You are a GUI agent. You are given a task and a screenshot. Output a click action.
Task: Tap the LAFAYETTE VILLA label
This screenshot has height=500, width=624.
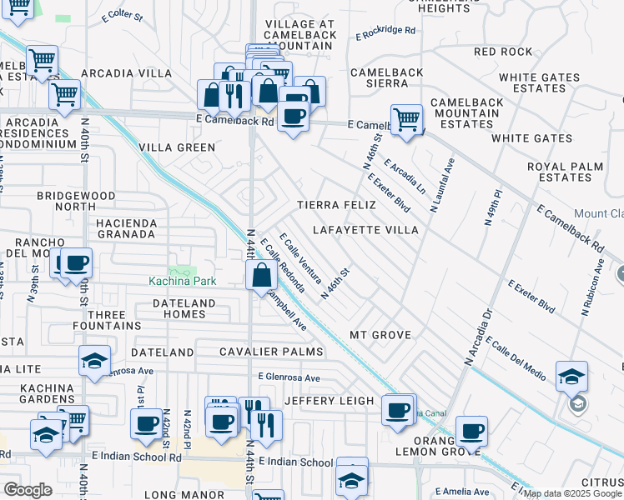[x=365, y=229]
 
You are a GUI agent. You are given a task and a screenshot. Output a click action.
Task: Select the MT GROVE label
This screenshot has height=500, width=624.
[x=380, y=335]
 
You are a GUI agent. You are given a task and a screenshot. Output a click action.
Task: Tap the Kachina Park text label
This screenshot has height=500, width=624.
[x=182, y=281]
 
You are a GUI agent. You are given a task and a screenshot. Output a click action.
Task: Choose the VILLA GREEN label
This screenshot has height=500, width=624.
[x=177, y=147]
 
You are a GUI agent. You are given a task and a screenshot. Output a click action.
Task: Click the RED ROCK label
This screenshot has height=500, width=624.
[x=502, y=52]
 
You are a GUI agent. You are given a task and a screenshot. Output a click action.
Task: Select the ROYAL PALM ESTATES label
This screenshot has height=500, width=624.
[x=571, y=172]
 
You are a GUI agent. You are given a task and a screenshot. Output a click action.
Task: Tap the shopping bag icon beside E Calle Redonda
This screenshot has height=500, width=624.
[x=262, y=275]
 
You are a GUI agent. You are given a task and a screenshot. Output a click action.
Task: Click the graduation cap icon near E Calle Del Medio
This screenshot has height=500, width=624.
[x=571, y=377]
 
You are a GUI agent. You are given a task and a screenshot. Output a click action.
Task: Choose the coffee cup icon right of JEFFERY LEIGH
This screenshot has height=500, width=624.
[x=399, y=409]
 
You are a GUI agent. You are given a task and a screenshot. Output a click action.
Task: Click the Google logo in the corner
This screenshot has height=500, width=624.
[x=28, y=490]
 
